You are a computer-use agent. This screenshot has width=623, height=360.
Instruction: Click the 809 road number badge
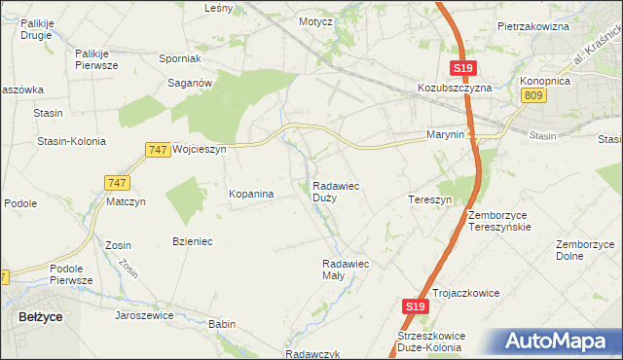point(532,94)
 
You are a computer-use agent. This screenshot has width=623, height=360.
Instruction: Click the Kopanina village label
point(251,194)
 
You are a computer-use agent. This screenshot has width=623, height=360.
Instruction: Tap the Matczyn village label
point(126,202)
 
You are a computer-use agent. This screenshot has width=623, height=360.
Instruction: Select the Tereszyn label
point(429,199)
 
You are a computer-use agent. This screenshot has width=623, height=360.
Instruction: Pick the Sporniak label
point(179,58)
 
